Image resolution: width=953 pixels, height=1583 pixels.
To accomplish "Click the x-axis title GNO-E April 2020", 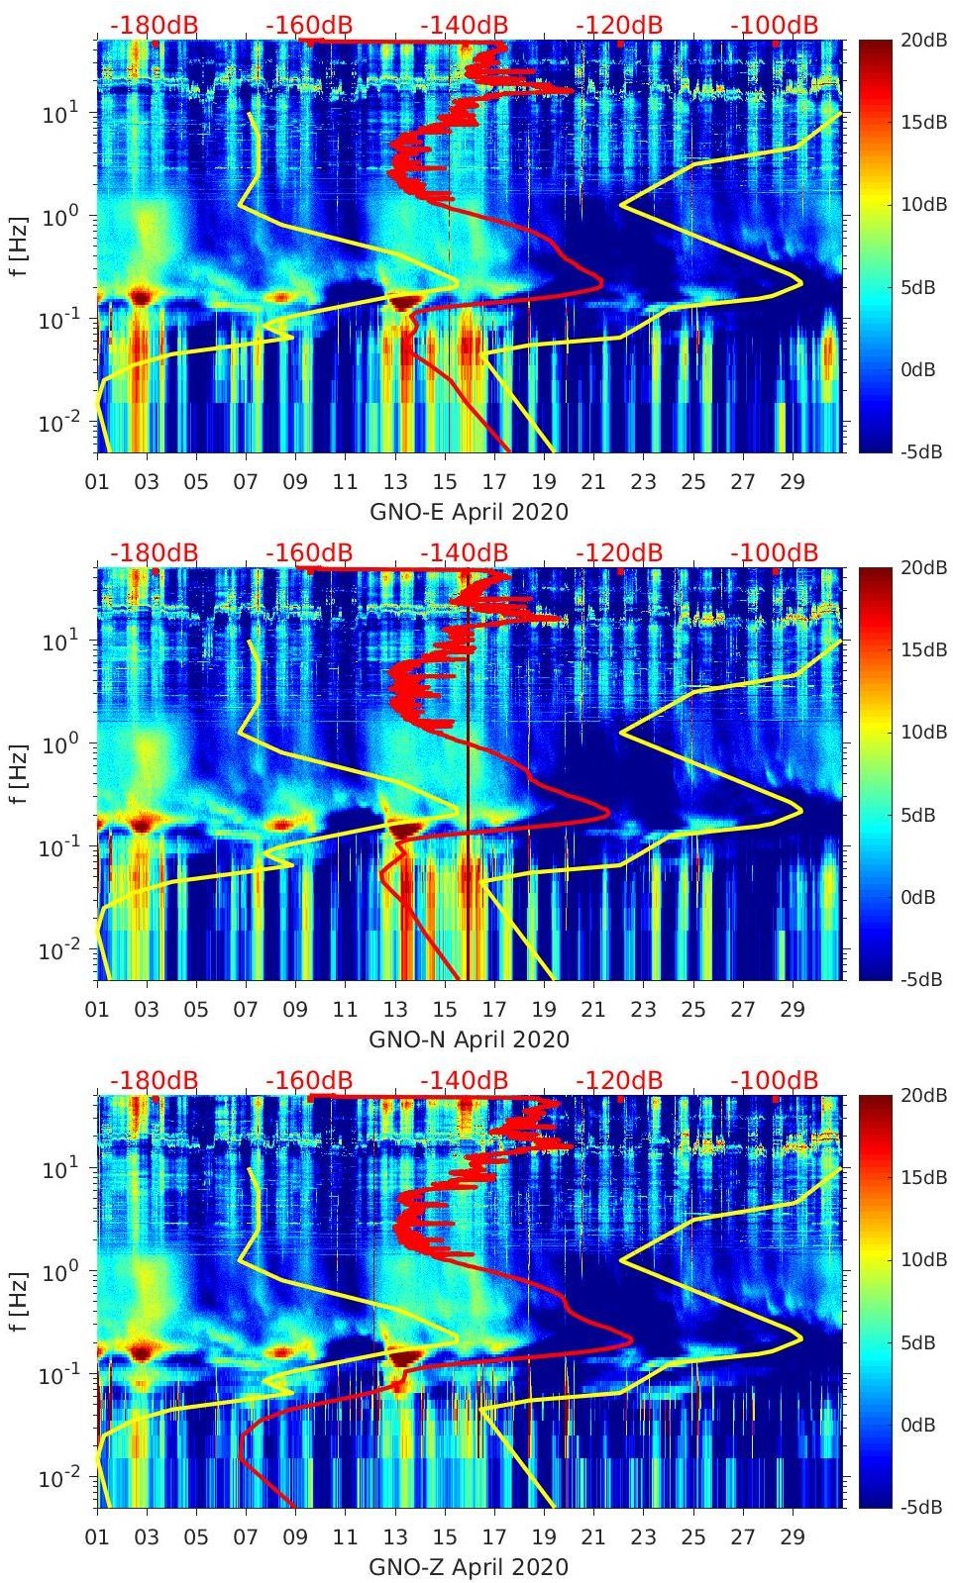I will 469,512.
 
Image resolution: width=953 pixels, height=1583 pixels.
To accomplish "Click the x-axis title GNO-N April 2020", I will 469,1039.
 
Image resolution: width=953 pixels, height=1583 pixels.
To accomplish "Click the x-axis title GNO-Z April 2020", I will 469,1567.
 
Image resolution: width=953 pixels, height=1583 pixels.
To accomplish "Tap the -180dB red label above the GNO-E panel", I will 155,25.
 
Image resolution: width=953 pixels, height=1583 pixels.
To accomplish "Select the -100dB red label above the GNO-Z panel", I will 775,1080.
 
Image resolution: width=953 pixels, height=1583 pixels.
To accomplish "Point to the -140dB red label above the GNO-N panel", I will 465,552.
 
